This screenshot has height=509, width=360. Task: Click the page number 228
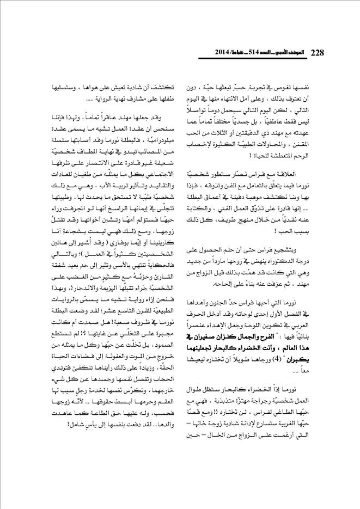(x=318, y=53)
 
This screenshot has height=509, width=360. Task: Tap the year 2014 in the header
(x=211, y=53)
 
